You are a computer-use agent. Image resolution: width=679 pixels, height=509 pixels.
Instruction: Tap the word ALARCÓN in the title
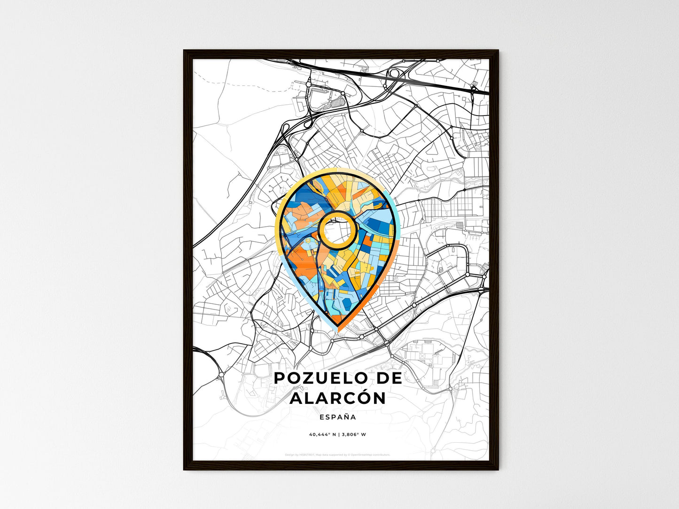click(337, 398)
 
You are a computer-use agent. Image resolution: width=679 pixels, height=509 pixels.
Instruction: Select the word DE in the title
click(386, 378)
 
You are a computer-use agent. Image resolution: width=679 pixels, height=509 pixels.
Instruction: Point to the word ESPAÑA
click(337, 417)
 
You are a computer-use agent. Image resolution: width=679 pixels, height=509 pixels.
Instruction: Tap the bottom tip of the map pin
click(338, 328)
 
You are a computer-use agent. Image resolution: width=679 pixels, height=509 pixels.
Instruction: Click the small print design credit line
click(337, 455)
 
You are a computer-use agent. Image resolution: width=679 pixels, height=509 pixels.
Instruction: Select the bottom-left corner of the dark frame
click(184, 470)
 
